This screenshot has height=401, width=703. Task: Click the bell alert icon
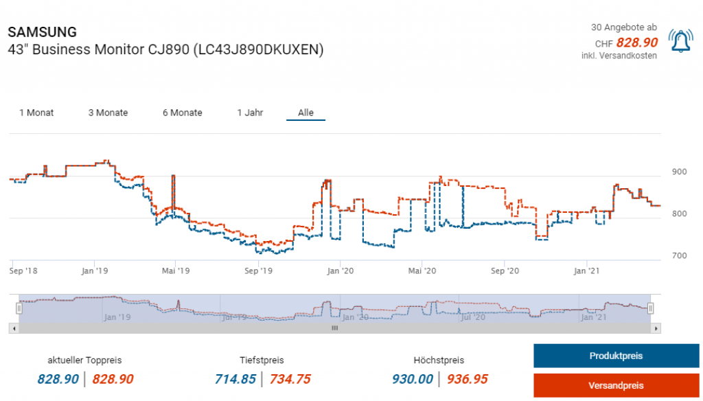click(x=681, y=43)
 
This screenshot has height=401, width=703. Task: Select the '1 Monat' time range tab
click(x=36, y=113)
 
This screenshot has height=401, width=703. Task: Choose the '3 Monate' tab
click(x=108, y=113)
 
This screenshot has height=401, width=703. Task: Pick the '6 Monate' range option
click(x=182, y=113)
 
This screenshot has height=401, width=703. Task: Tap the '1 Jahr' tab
click(x=250, y=113)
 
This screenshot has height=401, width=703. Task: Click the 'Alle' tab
click(x=306, y=113)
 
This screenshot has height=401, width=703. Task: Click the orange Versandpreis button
click(x=616, y=385)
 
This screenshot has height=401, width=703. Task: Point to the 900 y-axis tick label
click(x=679, y=172)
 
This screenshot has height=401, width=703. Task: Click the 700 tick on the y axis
click(x=679, y=256)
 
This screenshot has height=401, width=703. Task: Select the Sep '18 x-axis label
click(x=23, y=271)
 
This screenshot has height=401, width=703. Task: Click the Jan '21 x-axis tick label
click(x=586, y=271)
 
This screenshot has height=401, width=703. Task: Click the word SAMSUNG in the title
click(x=42, y=32)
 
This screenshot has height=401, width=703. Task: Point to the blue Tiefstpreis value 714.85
click(x=240, y=379)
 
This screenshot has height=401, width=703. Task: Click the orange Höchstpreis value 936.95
click(x=468, y=379)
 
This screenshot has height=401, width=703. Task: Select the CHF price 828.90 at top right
click(x=636, y=43)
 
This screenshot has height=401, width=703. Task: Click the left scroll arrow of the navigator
click(x=12, y=329)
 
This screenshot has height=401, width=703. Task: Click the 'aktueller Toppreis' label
click(x=84, y=360)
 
